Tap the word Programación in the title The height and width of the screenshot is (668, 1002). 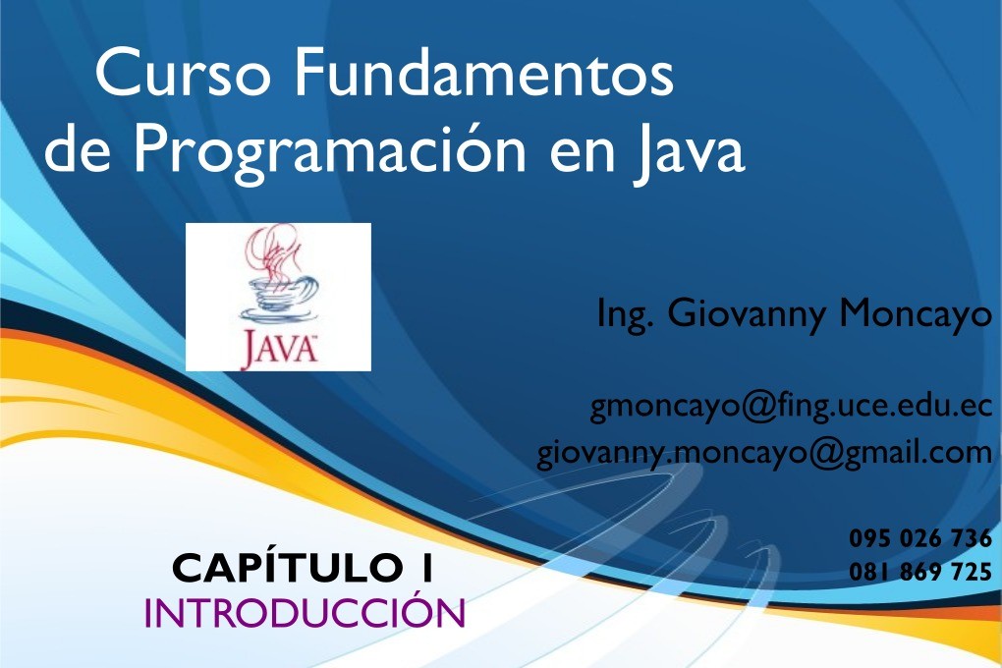tap(329, 151)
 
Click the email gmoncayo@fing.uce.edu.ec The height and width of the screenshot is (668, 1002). tap(791, 408)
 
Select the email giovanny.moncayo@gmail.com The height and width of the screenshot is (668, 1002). tap(764, 453)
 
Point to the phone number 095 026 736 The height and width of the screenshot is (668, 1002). tap(920, 538)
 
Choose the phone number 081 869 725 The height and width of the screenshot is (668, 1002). tap(920, 571)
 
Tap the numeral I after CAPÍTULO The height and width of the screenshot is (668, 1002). tap(427, 568)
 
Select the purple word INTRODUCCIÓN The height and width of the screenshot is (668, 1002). tap(305, 612)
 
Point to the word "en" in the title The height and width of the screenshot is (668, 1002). tap(583, 157)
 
